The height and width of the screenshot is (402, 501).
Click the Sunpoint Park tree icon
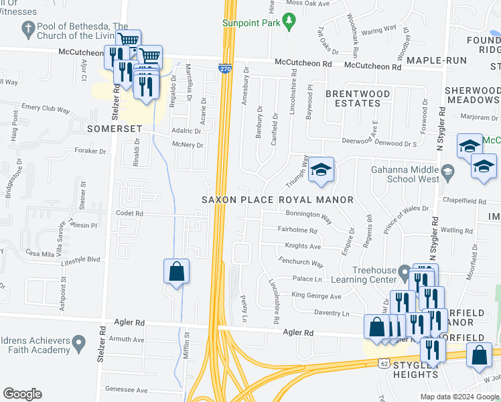point(289,23)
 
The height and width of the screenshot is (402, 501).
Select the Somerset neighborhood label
point(113,127)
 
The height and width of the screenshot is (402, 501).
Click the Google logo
point(22,394)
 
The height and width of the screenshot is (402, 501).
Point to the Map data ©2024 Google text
point(459,397)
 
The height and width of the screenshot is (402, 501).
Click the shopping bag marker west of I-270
point(176,272)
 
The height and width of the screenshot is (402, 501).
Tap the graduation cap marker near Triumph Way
point(321,170)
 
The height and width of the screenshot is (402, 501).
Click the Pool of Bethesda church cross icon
point(28,29)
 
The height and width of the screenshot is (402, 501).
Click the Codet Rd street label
point(130,214)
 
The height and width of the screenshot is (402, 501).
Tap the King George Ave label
point(316,295)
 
